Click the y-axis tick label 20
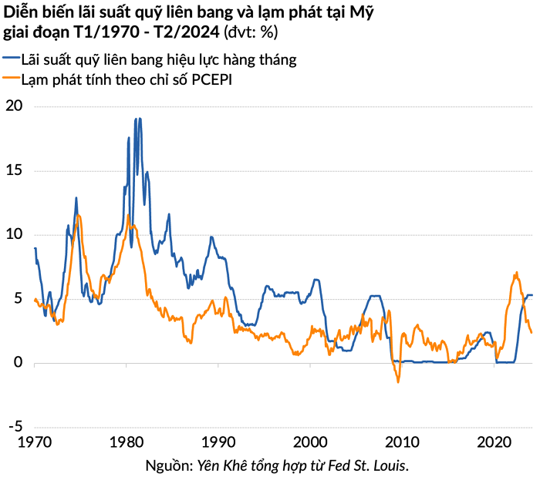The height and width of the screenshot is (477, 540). click(15, 106)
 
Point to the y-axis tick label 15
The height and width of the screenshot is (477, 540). click(15, 170)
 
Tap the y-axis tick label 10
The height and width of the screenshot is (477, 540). click(15, 234)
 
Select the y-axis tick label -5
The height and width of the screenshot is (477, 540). click(13, 426)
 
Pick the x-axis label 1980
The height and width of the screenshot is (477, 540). click(126, 442)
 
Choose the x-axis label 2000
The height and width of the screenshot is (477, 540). click(310, 442)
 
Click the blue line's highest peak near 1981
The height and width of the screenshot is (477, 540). click(137, 119)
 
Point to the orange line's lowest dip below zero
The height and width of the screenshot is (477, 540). click(398, 381)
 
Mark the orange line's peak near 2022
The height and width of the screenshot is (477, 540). click(515, 272)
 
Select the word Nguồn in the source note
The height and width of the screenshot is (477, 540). click(167, 465)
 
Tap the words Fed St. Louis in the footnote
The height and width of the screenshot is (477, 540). click(376, 465)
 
